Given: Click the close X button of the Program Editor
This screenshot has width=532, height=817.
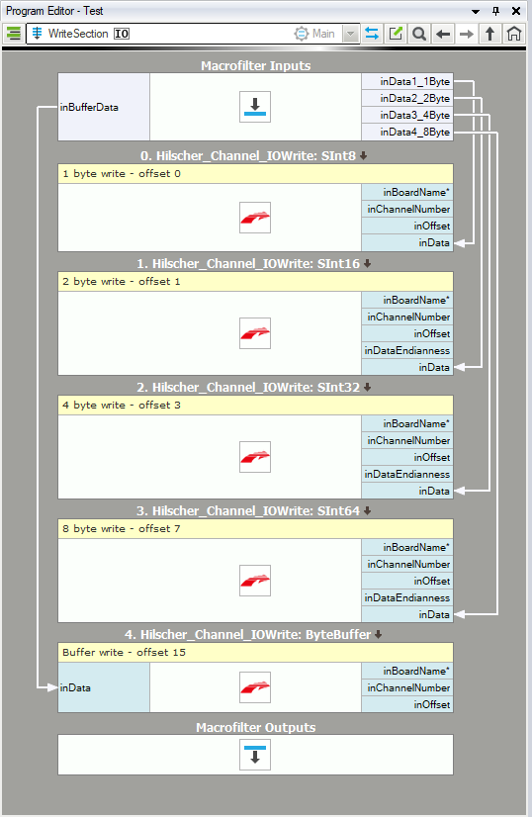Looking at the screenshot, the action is coord(516,11).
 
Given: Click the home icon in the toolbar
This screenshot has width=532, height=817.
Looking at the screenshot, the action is coord(514,34).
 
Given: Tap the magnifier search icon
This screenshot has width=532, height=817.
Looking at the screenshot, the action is coord(418,34).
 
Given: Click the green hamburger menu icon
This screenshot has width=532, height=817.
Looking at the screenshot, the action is coord(14,34).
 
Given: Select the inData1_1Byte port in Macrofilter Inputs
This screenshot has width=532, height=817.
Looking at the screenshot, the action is coord(414,81).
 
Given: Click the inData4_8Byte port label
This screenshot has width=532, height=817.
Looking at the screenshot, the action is coord(414,132).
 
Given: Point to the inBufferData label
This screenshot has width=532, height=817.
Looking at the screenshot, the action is coord(89,108).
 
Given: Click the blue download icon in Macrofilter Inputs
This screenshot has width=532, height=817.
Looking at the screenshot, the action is coord(255,107).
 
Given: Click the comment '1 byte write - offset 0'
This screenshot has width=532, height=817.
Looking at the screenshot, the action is coord(122,173).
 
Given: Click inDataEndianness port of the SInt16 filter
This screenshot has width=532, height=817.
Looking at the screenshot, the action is coord(407,351).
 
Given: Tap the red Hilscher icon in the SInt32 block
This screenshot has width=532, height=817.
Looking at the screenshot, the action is coord(255,457).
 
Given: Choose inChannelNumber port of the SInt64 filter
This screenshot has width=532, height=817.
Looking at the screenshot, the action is coord(408,565).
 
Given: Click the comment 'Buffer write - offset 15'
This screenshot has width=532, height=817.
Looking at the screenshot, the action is coord(124,653).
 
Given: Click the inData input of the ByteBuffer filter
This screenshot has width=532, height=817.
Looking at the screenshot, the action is coord(75,687).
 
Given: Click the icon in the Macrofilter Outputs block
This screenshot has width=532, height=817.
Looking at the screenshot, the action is coord(255,755).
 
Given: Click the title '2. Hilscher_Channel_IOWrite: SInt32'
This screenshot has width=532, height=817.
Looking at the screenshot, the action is coord(248,387).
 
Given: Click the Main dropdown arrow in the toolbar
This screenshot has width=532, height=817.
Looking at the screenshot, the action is coord(351,34).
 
